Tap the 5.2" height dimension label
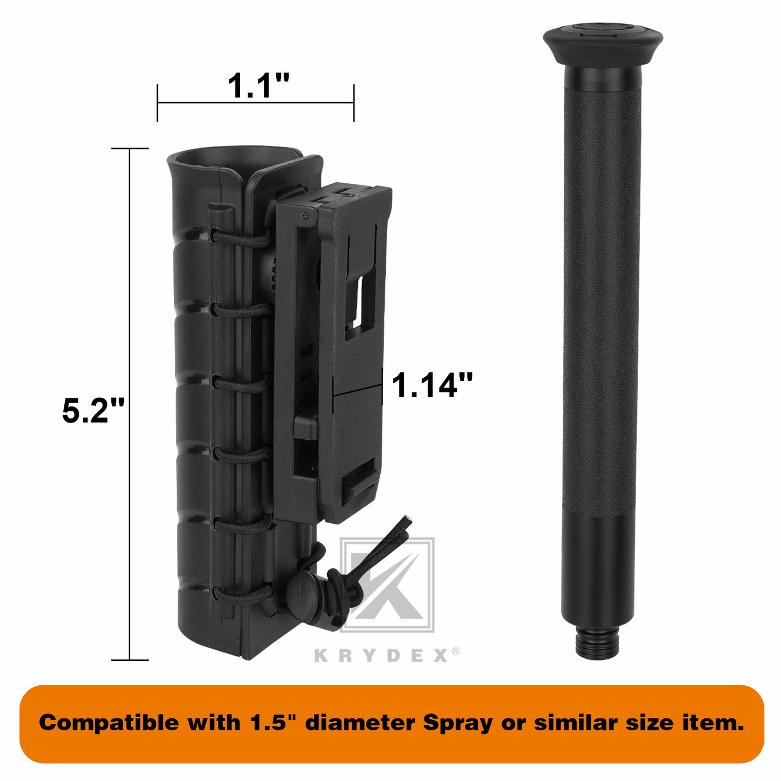coord(93,410)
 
